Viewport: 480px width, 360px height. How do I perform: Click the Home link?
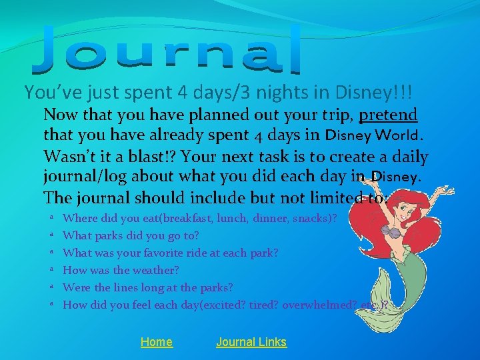(156, 342)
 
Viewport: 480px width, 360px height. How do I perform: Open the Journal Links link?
(251, 342)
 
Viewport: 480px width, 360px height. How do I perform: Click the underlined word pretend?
(388, 115)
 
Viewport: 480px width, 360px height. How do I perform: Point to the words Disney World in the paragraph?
(379, 137)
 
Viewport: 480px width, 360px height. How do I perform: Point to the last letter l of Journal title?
(295, 51)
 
